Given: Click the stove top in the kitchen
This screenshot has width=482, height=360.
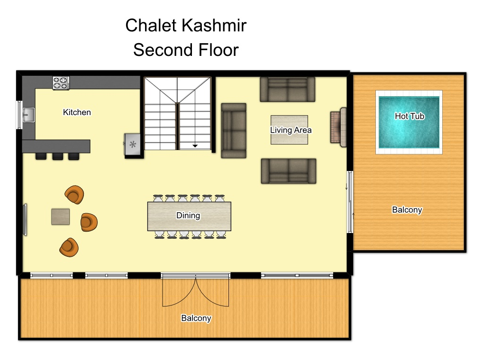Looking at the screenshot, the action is coord(61,83).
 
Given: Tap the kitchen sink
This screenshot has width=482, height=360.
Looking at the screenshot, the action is coord(28,115).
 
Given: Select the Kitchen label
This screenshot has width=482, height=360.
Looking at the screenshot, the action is coord(77,112).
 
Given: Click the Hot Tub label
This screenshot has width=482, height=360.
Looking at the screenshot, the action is coord(409,116).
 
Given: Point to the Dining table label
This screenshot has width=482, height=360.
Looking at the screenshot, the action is coord(188,216).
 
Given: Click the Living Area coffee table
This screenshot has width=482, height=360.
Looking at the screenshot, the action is coord(289,130).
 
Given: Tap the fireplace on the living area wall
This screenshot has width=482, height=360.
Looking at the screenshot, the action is coord(338,127).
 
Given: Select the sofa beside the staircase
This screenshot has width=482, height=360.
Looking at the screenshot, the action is coord(234,131).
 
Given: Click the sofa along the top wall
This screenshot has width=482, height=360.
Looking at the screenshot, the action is coord(287,89).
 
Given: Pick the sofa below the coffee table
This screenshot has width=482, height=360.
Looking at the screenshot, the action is coord(289,171).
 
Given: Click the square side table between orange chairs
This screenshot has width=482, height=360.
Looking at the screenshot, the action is coord(60,216).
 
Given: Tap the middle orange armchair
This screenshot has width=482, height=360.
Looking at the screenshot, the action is coord(89,222).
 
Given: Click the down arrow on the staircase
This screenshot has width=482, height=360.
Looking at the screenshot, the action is coord(195,145).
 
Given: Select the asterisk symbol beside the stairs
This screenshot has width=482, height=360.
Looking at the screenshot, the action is coord(133,144).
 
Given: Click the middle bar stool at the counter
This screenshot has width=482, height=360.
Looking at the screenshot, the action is coord(57,156).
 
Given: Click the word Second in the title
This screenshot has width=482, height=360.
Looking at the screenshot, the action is coord(163,50).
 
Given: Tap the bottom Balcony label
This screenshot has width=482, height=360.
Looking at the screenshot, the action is coord(196,318).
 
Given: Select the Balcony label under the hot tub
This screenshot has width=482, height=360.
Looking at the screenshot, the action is coord(407,209).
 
